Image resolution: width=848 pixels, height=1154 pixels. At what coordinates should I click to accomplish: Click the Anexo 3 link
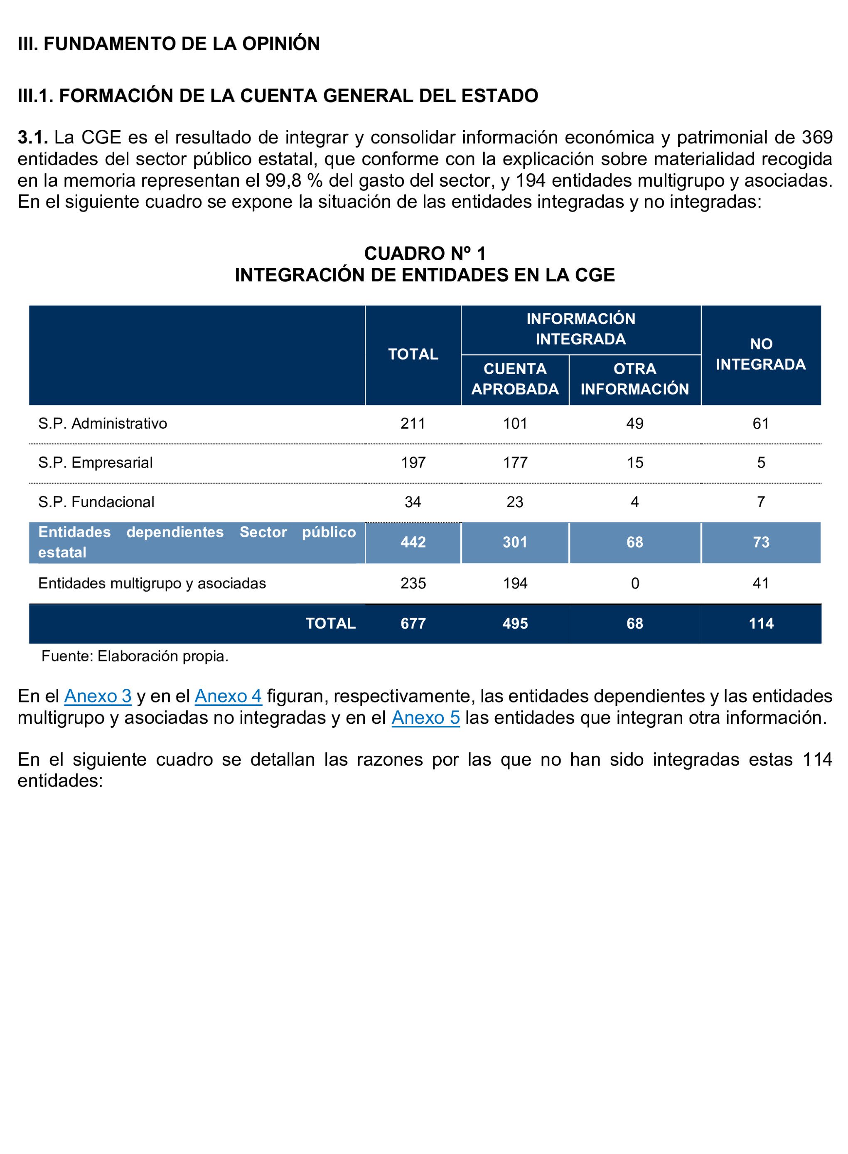(x=98, y=696)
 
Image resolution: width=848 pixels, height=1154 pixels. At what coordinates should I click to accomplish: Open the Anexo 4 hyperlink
(x=228, y=696)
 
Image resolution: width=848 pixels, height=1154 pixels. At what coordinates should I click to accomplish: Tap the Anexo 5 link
(x=425, y=718)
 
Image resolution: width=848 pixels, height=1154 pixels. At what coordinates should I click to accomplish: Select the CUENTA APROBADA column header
(x=515, y=379)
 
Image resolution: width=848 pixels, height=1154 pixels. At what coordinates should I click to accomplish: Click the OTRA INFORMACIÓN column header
(x=634, y=379)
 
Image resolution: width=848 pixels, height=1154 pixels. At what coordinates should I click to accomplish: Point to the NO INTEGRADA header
(x=761, y=354)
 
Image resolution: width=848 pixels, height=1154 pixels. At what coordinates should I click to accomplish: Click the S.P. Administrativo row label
(x=103, y=424)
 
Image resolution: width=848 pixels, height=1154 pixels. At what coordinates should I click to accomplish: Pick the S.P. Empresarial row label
(x=96, y=463)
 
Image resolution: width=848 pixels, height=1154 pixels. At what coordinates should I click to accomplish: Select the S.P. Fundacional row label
(x=96, y=502)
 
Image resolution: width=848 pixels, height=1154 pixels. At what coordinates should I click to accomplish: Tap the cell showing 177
(x=515, y=463)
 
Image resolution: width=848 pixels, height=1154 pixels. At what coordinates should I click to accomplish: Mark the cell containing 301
(x=515, y=542)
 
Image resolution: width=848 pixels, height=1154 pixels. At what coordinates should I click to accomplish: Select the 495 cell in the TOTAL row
(x=515, y=624)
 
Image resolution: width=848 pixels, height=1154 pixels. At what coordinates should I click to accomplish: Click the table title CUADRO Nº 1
(x=425, y=254)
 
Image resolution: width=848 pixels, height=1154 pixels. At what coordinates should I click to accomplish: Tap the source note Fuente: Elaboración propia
(x=135, y=656)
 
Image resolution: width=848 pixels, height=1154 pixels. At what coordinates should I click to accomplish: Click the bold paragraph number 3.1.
(x=32, y=138)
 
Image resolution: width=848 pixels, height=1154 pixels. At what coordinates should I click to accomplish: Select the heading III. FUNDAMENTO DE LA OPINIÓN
(x=168, y=44)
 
